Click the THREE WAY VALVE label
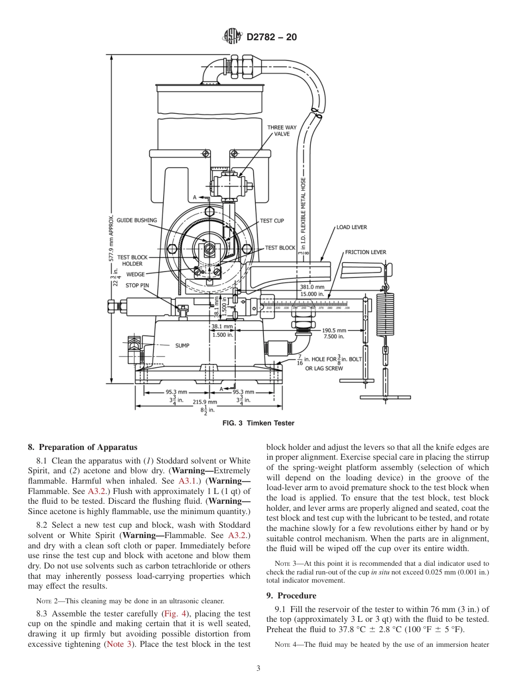pyautogui.click(x=282, y=131)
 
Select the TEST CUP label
pyautogui.click(x=272, y=221)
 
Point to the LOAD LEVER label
pyautogui.click(x=352, y=227)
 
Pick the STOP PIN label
pyautogui.click(x=137, y=285)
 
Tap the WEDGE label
pyautogui.click(x=136, y=274)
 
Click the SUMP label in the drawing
pyautogui.click(x=182, y=345)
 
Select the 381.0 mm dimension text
pyautogui.click(x=312, y=287)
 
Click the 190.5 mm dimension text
pyautogui.click(x=334, y=330)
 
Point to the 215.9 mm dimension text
pyautogui.click(x=205, y=402)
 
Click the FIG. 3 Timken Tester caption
pyautogui.click(x=258, y=423)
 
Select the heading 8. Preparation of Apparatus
pyautogui.click(x=83, y=447)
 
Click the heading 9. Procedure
pyautogui.click(x=291, y=596)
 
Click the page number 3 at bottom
pyautogui.click(x=258, y=669)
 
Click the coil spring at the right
pyautogui.click(x=386, y=313)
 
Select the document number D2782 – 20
pyautogui.click(x=272, y=38)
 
